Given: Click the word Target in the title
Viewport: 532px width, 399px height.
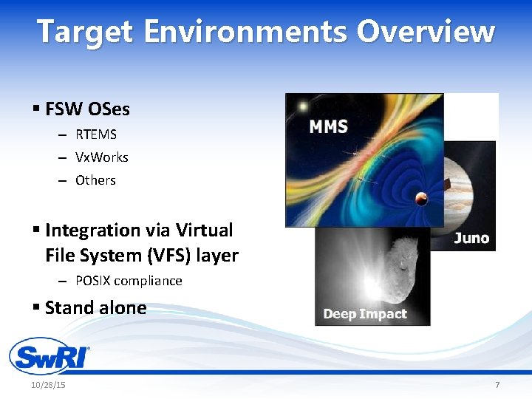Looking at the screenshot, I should (85, 33).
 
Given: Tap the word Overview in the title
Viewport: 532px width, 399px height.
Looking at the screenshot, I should (426, 33).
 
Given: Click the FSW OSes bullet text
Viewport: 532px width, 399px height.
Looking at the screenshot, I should (87, 109).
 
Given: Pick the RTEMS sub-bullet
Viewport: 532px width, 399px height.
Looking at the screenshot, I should (96, 134).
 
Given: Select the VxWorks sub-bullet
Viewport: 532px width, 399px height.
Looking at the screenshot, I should (102, 157).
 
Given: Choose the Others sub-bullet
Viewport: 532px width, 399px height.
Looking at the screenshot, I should (96, 180).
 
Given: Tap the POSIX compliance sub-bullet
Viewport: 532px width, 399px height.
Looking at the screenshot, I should (129, 281).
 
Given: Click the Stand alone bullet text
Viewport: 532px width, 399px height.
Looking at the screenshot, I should (95, 307).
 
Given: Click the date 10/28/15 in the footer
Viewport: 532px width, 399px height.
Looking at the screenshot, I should (48, 386).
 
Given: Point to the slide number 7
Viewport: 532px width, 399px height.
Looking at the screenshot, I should (497, 386).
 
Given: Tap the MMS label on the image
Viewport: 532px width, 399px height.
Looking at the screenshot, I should (329, 127).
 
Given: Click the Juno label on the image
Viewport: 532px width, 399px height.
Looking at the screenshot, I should (471, 237).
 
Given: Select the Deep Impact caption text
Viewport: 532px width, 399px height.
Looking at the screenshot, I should (365, 314).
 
